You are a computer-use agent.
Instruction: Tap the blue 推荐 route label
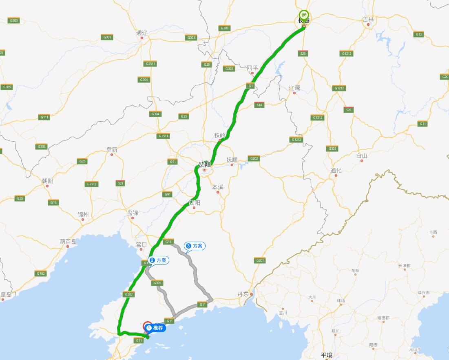coord(155,328)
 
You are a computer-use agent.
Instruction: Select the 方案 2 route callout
coord(158,260)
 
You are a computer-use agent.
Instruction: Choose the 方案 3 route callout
coord(195,246)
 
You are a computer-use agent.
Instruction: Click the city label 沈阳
coord(205,164)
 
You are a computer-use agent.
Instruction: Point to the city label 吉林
coord(368,20)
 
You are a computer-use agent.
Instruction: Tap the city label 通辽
coord(142,33)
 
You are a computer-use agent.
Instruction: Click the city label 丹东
coord(243,294)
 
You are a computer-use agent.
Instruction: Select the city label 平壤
coord(327,355)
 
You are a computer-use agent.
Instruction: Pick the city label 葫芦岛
coord(68,241)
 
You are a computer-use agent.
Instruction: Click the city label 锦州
coord(83,214)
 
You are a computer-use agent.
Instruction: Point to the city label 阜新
coord(111,150)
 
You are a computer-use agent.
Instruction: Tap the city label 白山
coord(361,156)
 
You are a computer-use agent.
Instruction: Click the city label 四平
coord(252,68)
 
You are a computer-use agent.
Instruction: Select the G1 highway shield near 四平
coord(250,86)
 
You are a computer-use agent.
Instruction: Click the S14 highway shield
coord(259,105)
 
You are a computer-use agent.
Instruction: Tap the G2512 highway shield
coord(92,184)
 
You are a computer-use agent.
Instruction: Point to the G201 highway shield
coord(260,260)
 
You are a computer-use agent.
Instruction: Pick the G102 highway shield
coord(41,273)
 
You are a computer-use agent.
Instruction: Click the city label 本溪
coord(217,187)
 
